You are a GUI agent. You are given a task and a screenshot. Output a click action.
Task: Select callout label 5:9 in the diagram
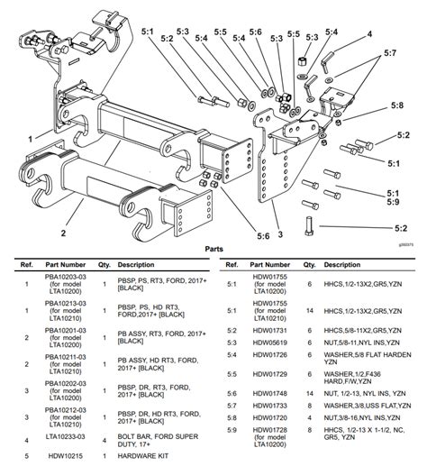click(393, 204)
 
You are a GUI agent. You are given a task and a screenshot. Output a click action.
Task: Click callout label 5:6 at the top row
click(257, 32)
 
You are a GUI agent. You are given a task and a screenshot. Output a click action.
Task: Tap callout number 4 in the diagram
click(368, 34)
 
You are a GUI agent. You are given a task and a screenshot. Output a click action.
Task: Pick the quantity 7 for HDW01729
click(310, 373)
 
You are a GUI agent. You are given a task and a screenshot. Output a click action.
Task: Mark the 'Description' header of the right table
click(343, 265)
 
